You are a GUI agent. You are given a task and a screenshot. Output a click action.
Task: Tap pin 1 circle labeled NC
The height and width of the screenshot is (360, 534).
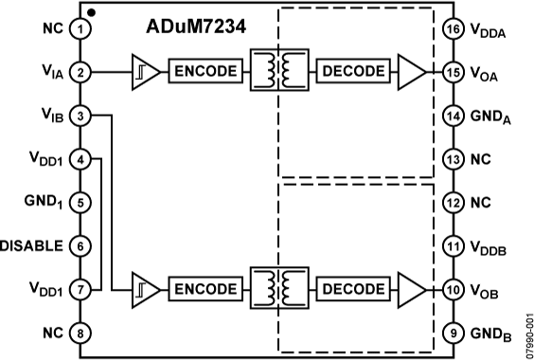(x=82, y=28)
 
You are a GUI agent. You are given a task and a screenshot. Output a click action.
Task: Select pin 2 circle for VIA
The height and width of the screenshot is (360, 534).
(x=82, y=71)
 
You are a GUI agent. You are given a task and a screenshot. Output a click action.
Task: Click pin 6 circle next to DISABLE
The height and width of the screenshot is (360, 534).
(x=82, y=244)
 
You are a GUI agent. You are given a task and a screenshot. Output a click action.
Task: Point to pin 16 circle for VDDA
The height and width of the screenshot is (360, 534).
(x=452, y=28)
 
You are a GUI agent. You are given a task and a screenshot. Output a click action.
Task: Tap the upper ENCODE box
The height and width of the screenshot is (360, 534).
(x=204, y=71)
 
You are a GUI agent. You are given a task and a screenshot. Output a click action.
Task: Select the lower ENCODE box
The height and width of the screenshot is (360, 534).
(x=204, y=287)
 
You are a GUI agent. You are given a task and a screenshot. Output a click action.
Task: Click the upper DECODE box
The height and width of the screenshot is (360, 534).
(x=353, y=71)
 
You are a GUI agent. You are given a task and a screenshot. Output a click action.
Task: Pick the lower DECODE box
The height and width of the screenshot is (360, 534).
(x=353, y=287)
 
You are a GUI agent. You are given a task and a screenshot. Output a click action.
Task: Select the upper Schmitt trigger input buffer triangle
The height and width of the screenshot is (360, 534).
(x=145, y=71)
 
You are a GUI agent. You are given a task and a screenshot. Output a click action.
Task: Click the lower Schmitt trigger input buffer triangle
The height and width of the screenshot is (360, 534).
(x=145, y=287)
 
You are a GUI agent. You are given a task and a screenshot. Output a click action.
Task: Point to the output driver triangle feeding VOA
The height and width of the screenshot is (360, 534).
(x=411, y=71)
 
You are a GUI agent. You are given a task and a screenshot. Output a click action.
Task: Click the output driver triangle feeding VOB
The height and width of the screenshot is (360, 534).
(x=411, y=287)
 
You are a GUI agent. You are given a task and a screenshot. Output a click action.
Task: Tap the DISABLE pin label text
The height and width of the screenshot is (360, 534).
(x=32, y=244)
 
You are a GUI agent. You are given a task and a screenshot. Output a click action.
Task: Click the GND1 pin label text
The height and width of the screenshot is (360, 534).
(x=42, y=201)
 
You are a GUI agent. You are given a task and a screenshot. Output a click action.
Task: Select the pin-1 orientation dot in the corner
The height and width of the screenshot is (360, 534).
(x=90, y=11)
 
